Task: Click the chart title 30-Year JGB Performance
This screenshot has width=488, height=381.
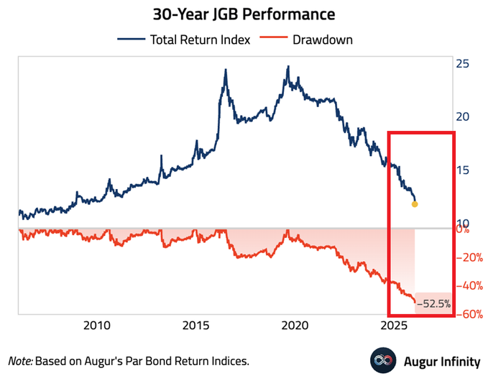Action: tap(244, 14)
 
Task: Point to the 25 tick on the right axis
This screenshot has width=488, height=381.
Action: tap(463, 64)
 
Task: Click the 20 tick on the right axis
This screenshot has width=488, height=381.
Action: tap(463, 117)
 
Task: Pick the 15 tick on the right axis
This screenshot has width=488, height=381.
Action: tap(463, 170)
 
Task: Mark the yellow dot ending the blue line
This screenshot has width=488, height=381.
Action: tap(415, 204)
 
